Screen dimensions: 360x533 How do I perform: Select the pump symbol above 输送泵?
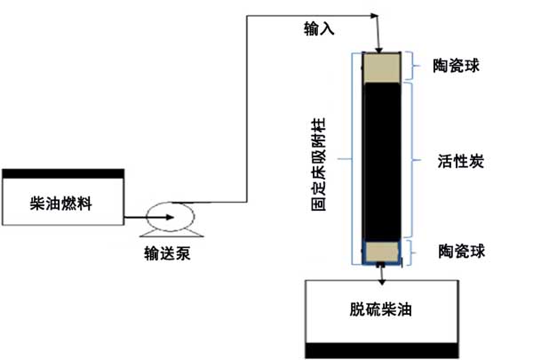pyautogui.click(x=166, y=216)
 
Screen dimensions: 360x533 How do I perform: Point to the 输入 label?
pyautogui.click(x=319, y=30)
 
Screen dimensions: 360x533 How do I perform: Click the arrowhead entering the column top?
pyautogui.click(x=379, y=48)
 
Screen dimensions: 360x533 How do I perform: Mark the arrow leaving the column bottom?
pyautogui.click(x=383, y=275)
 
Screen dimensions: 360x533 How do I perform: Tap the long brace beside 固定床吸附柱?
pyautogui.click(x=353, y=160)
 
